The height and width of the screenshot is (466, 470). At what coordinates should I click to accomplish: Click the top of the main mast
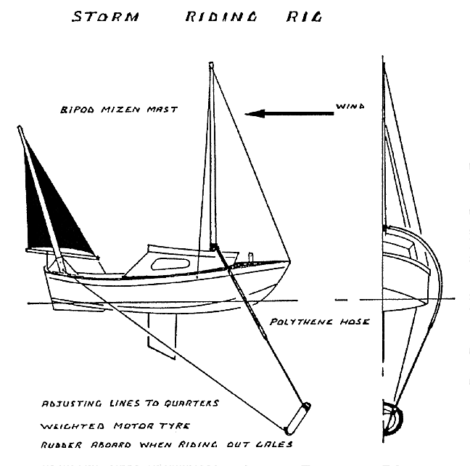212,66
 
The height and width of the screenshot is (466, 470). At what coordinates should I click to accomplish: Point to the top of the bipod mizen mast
20,128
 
